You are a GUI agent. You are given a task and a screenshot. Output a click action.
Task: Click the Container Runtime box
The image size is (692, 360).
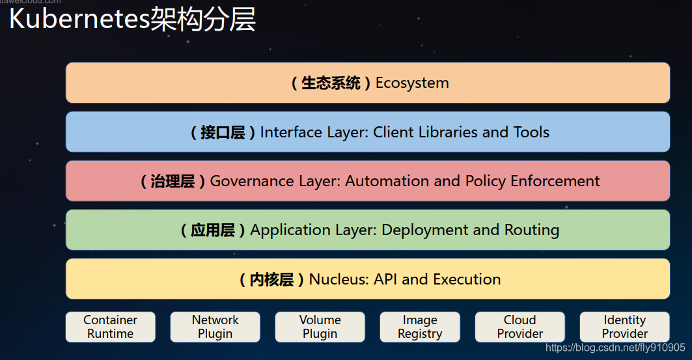[111, 327]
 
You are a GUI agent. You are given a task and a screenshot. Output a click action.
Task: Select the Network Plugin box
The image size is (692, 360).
[215, 327]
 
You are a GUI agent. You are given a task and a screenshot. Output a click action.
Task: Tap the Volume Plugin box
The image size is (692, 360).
[320, 327]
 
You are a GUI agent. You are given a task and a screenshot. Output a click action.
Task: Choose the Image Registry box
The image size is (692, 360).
[420, 327]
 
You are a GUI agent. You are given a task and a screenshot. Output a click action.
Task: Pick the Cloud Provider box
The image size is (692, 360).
[519, 327]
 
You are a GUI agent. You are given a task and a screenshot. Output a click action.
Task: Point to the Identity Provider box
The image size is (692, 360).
[624, 327]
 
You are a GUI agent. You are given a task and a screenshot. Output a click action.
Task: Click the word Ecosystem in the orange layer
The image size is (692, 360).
[412, 83]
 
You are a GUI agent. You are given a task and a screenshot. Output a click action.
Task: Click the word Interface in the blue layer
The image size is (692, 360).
[286, 132]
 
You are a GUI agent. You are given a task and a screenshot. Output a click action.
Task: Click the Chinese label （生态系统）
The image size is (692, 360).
[331, 83]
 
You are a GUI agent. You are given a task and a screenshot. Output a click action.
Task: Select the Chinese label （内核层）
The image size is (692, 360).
[271, 279]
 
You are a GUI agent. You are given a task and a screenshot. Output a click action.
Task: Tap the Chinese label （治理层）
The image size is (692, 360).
[173, 181]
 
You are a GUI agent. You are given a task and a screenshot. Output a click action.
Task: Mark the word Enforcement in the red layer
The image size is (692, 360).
[555, 181]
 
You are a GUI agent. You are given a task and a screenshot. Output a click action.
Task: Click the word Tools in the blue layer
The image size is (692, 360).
[531, 132]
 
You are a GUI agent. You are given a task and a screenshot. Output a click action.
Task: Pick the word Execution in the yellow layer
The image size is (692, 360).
[467, 279]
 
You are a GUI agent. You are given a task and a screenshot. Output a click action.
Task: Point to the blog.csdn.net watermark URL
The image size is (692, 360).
[615, 348]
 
